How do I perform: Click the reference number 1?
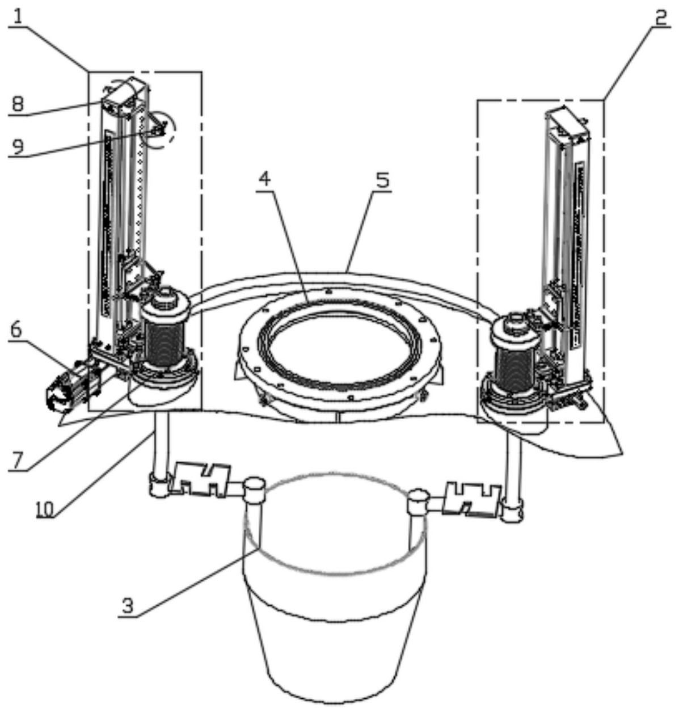(18, 15)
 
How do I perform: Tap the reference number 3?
(128, 605)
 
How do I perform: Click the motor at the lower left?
(65, 390)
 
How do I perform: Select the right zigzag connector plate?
(473, 497)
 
